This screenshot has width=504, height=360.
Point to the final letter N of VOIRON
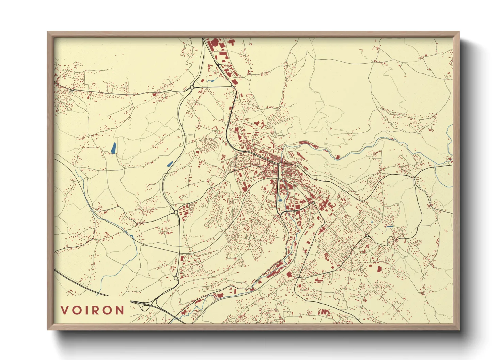click(x=120, y=310)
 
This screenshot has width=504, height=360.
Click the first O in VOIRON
click(x=76, y=310)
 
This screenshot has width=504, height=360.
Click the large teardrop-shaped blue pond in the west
click(x=113, y=148)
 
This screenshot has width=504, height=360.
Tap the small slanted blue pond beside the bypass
click(x=170, y=164)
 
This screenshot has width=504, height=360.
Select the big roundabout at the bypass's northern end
click(x=192, y=88)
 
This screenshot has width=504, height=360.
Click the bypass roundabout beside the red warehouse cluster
click(x=176, y=212)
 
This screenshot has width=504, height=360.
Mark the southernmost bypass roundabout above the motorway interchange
click(x=176, y=278)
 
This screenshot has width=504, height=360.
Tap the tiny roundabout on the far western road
click(x=72, y=91)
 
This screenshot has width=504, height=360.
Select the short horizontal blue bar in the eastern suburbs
click(x=390, y=227)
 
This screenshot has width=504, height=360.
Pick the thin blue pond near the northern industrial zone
click(x=212, y=80)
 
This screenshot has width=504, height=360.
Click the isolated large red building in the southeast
click(x=379, y=269)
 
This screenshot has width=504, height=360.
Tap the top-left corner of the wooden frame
click(x=48, y=32)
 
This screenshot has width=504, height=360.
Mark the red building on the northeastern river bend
click(x=337, y=157)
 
